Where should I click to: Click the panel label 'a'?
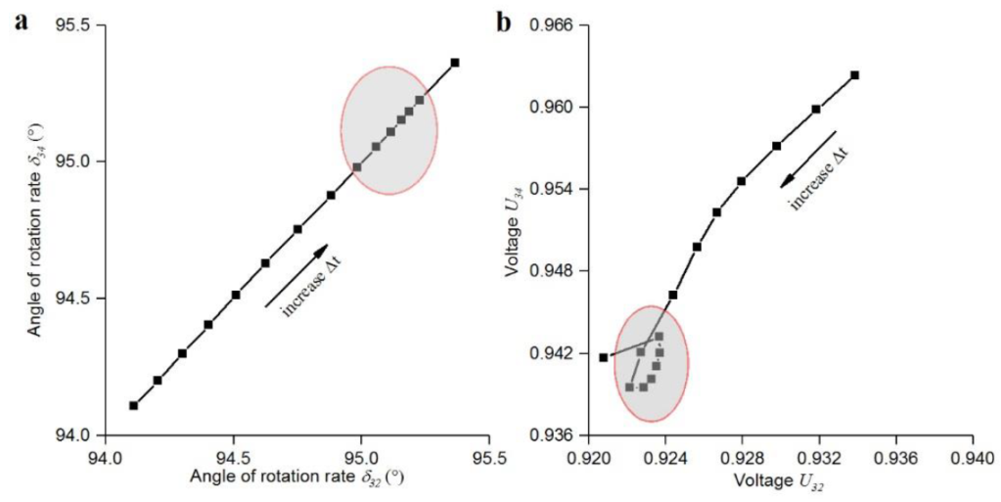(21, 22)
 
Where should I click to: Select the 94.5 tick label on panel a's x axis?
(233, 457)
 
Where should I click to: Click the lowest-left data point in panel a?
(133, 405)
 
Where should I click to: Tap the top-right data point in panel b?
(854, 75)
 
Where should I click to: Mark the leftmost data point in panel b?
(603, 357)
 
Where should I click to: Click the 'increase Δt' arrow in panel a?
(296, 276)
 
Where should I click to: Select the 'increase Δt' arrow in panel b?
(808, 159)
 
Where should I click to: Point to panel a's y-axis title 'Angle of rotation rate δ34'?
(35, 230)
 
